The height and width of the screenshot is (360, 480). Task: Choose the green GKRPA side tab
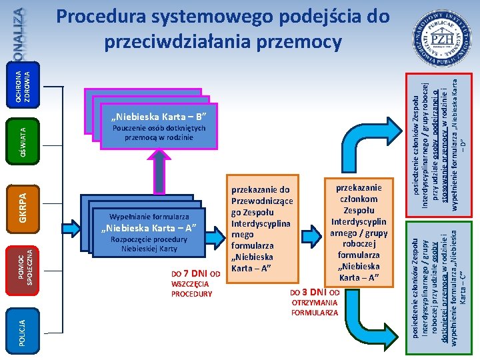22,201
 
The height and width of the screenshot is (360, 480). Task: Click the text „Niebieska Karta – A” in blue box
149,229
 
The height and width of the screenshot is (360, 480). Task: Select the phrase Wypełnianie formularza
149,217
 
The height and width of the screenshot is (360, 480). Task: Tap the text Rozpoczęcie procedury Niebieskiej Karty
149,244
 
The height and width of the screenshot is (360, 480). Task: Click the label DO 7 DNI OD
195,273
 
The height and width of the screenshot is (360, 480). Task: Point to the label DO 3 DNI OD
315,293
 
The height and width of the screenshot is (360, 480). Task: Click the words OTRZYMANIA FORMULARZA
315,307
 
